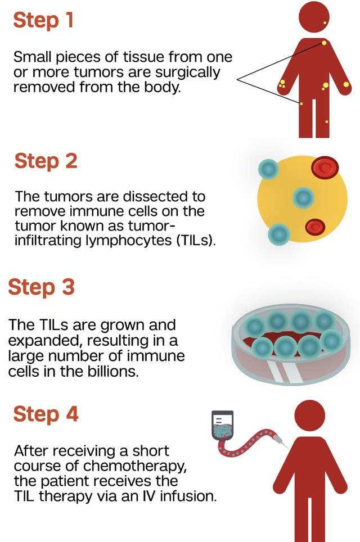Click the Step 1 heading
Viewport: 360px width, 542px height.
tap(43, 20)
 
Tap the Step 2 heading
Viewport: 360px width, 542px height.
tap(46, 161)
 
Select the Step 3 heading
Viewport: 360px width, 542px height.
tap(41, 287)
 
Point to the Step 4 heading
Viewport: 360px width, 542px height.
tap(46, 414)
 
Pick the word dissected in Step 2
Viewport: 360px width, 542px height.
tap(154, 197)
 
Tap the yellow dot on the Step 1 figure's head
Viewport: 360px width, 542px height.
tap(325, 23)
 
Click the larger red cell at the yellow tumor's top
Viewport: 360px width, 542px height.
tap(324, 166)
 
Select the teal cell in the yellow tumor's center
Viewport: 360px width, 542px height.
tap(304, 197)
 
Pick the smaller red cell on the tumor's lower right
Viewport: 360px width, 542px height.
tap(315, 227)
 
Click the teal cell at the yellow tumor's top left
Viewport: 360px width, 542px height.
tap(269, 168)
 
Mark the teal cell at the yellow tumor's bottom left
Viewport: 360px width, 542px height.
tap(278, 233)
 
